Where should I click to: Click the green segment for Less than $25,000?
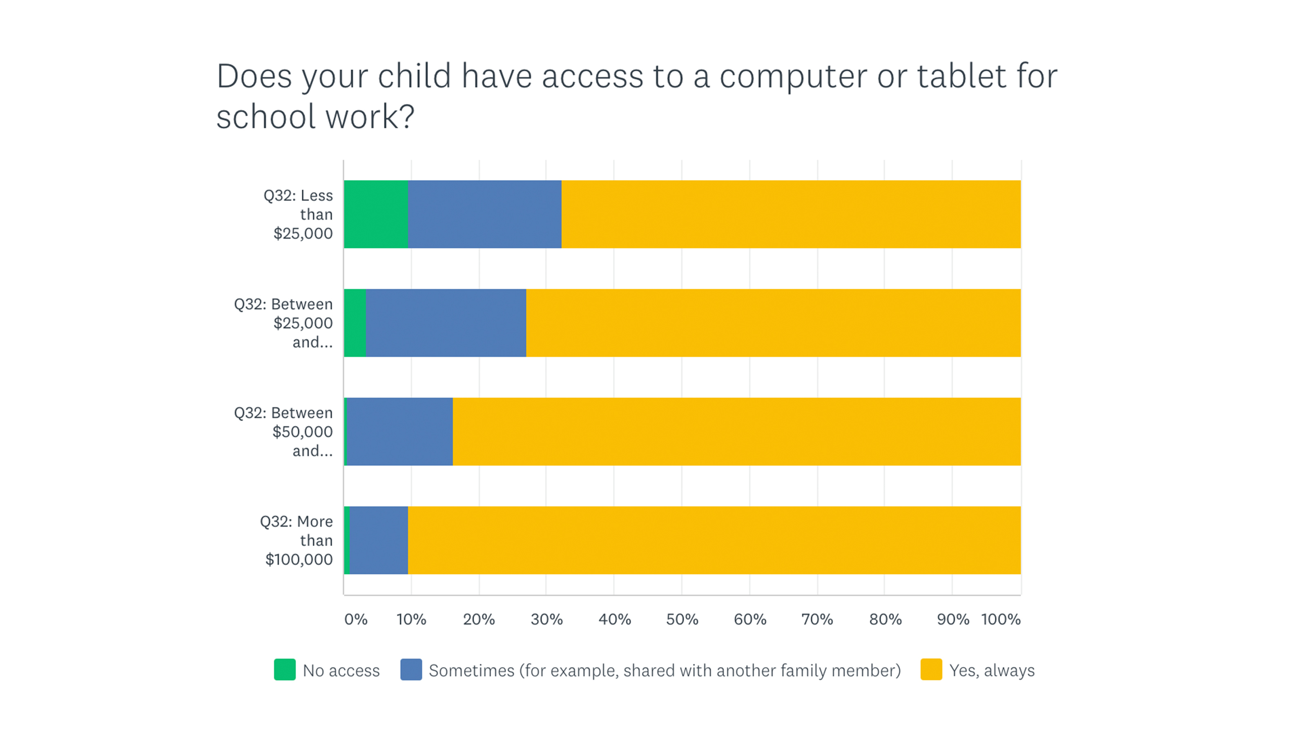coord(375,214)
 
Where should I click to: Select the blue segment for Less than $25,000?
coord(484,214)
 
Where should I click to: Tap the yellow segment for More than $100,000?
coord(714,540)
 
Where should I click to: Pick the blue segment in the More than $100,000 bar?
coord(379,540)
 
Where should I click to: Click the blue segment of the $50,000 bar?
coord(399,431)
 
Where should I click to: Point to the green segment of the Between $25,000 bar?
coord(355,323)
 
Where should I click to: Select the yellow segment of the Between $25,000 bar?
coord(773,323)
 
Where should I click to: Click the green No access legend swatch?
coord(285,670)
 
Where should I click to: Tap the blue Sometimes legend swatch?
coord(411,670)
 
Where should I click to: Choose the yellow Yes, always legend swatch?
coord(931,670)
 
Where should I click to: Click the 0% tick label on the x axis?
coord(356,619)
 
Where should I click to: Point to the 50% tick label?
coord(682,619)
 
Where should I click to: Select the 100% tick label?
coord(1001,619)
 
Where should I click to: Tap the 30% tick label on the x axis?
coord(546,619)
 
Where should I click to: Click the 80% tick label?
coord(885,619)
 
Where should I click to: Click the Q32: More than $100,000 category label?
coord(297,540)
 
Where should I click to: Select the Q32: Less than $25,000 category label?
coord(299,214)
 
